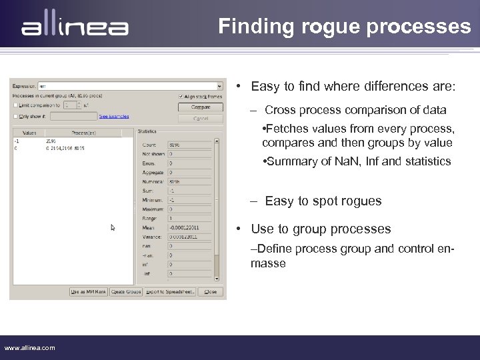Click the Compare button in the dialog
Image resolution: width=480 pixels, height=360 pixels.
pos(200,107)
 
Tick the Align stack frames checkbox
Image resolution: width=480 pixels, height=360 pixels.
pos(181,96)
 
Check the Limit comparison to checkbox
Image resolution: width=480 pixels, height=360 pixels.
pos(15,105)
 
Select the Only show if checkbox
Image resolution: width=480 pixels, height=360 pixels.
pos(15,116)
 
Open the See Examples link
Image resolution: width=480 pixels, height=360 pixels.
pos(114,116)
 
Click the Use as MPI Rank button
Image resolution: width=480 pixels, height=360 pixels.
pos(89,291)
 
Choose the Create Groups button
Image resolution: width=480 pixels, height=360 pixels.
pos(126,291)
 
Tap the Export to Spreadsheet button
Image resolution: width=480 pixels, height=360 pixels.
pos(169,291)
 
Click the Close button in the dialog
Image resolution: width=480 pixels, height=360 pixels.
pos(211,291)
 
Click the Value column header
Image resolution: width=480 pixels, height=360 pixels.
pos(29,133)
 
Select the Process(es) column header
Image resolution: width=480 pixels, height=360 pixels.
pos(83,133)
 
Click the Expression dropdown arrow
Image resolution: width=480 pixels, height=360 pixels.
pos(220,86)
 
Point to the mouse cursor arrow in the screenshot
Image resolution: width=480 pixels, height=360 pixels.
pos(113,227)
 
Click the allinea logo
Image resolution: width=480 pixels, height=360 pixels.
pos(75,28)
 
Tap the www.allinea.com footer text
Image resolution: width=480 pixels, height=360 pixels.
pos(30,347)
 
